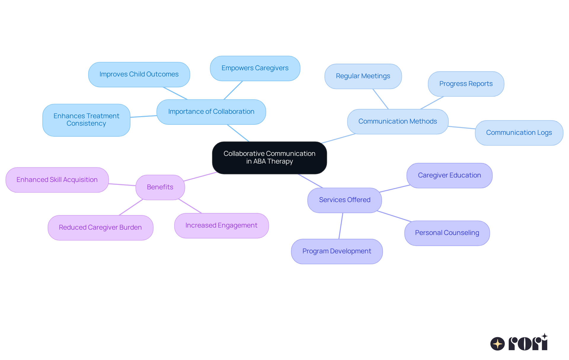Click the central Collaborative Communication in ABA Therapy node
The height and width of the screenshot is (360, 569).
click(269, 158)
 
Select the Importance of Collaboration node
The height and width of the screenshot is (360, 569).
click(211, 112)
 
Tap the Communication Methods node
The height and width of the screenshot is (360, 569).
click(397, 121)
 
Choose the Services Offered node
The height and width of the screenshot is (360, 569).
click(344, 200)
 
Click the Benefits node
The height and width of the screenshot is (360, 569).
click(160, 187)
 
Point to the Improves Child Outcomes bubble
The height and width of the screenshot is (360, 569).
click(139, 74)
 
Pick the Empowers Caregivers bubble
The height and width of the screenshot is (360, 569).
click(255, 68)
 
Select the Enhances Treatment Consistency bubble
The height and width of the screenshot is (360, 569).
click(86, 120)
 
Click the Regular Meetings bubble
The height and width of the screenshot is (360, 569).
click(363, 76)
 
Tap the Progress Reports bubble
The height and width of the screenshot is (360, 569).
click(466, 84)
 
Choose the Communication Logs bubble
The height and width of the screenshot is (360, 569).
click(519, 133)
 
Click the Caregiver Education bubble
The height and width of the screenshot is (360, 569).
click(449, 175)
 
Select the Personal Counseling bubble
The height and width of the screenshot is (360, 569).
click(447, 233)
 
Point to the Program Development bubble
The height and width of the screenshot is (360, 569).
click(337, 251)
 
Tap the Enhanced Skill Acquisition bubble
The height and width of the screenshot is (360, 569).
click(57, 180)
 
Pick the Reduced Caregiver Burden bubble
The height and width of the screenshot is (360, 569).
click(100, 228)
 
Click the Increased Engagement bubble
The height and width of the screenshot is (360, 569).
click(221, 225)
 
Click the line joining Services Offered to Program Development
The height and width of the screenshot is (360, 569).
click(341, 226)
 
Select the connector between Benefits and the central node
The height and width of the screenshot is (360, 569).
click(200, 177)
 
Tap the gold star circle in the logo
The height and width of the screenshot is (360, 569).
click(497, 344)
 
